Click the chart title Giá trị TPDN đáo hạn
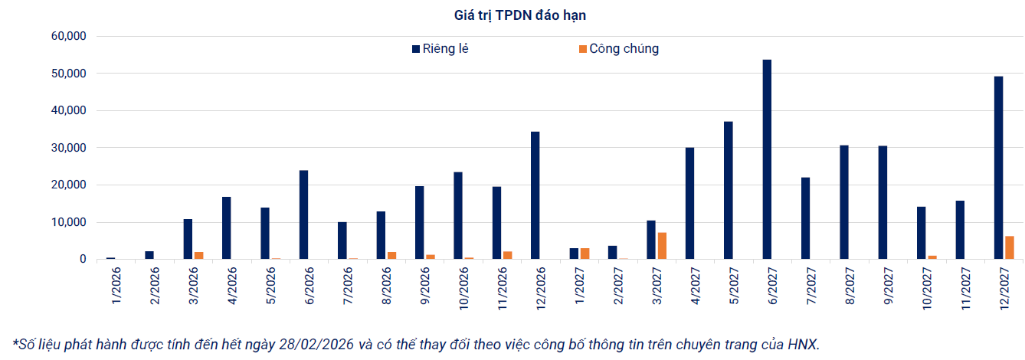click(512, 15)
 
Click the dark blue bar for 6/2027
click(767, 159)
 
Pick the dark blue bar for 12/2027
click(998, 168)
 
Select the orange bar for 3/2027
click(663, 246)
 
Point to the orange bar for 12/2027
click(1009, 247)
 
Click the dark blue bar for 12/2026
click(535, 195)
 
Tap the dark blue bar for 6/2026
click(304, 214)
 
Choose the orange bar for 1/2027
click(585, 254)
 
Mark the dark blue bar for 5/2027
click(729, 190)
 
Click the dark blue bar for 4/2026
click(227, 228)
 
